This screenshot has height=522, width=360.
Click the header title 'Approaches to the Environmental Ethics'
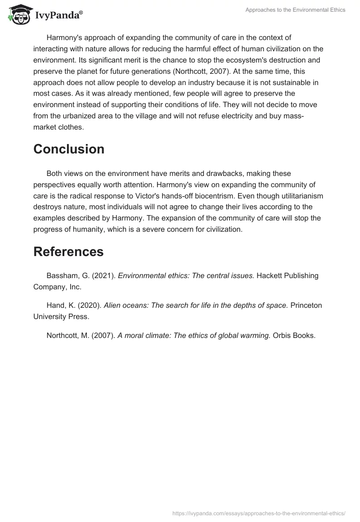tap(295, 10)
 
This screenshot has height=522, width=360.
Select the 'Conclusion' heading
tap(69, 149)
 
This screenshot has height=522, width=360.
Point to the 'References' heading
tap(68, 252)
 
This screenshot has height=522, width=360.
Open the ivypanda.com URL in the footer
tap(259, 513)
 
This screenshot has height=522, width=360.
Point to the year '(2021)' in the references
tap(103, 275)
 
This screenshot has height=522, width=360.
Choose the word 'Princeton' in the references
tap(306, 305)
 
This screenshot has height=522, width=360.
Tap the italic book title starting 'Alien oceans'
tap(196, 305)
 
